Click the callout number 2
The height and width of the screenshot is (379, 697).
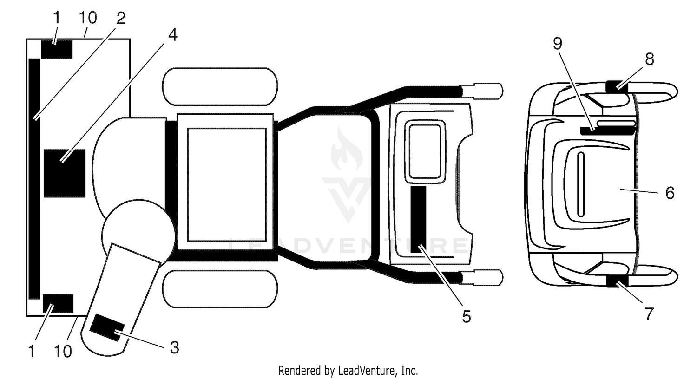click(x=121, y=18)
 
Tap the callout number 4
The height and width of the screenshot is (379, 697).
click(x=173, y=35)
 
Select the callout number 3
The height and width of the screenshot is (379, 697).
click(x=175, y=347)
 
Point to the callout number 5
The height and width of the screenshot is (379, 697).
click(x=467, y=316)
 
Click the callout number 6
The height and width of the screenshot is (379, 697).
click(x=670, y=193)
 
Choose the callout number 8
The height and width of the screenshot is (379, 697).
click(x=650, y=59)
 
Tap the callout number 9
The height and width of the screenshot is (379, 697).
click(x=558, y=44)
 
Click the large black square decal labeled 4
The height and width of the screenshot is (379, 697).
click(x=65, y=173)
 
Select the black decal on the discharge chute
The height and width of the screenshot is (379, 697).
click(x=107, y=327)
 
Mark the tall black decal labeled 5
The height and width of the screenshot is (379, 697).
click(x=419, y=219)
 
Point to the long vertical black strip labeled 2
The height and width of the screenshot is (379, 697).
click(x=34, y=179)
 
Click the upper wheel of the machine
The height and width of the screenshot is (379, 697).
click(x=220, y=86)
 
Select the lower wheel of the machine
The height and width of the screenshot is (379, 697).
click(x=220, y=289)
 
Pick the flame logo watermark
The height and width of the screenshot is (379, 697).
click(x=347, y=149)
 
